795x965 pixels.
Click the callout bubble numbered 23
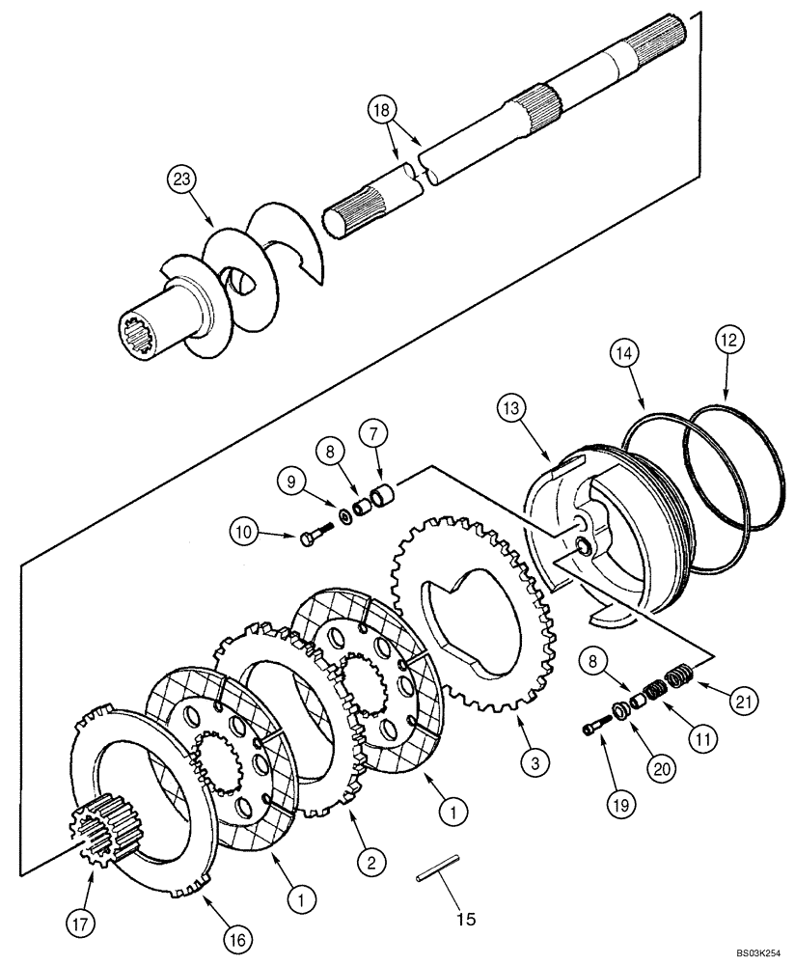coord(179,179)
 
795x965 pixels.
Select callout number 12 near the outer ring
coord(730,340)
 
